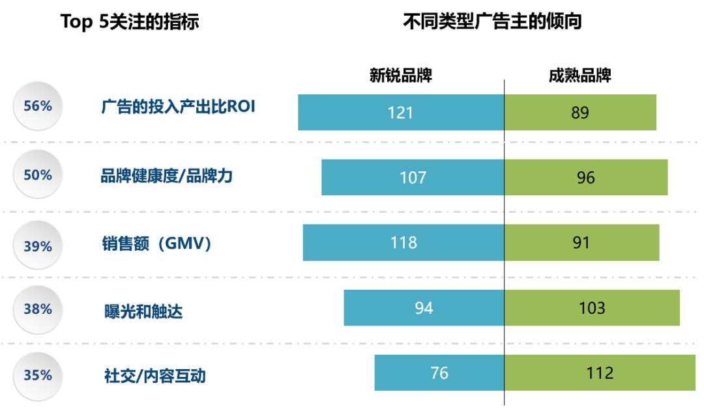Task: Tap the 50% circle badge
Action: pyautogui.click(x=37, y=176)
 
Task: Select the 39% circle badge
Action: pyautogui.click(x=37, y=246)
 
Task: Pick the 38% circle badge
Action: pyautogui.click(x=37, y=310)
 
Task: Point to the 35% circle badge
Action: pyautogui.click(x=37, y=376)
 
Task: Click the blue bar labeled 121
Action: pyautogui.click(x=401, y=112)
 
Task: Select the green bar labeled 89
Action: pyautogui.click(x=580, y=112)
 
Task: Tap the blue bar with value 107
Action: pyautogui.click(x=413, y=177)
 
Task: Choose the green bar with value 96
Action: pyautogui.click(x=586, y=177)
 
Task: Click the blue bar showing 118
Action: pyautogui.click(x=403, y=243)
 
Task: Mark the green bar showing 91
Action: pyautogui.click(x=581, y=243)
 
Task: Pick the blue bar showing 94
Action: pyautogui.click(x=424, y=308)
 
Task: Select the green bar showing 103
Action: pyautogui.click(x=592, y=308)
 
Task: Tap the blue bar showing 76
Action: pyautogui.click(x=439, y=373)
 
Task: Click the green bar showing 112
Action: pyautogui.click(x=600, y=373)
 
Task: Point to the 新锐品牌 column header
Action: pyautogui.click(x=401, y=76)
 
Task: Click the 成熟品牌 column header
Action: pyautogui.click(x=579, y=76)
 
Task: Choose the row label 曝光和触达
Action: pyautogui.click(x=143, y=312)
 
